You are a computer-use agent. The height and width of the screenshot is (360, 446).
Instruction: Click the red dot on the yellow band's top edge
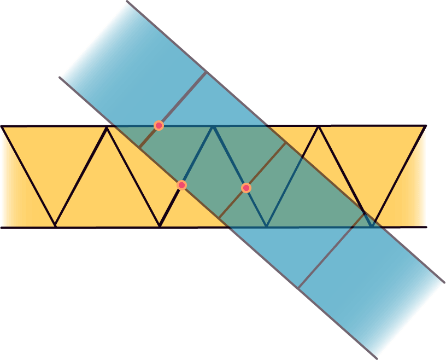159,126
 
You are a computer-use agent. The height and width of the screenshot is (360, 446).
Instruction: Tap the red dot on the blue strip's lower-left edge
182,185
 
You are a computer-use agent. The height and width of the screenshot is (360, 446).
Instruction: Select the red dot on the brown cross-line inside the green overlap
246,188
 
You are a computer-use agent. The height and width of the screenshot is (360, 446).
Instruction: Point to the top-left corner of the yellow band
2,126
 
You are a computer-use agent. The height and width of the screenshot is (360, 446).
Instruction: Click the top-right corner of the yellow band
425,126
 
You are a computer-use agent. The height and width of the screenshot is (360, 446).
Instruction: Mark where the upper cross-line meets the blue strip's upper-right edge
207,72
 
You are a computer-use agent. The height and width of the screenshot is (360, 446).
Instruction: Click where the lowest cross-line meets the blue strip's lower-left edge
299,288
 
